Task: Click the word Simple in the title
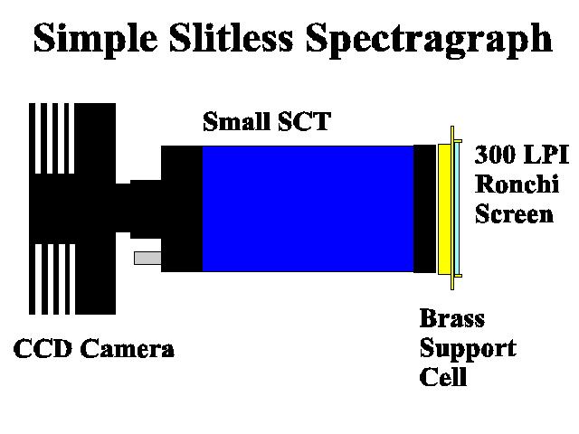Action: [x=96, y=38]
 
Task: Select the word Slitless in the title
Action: [x=232, y=37]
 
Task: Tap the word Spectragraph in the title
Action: [x=429, y=40]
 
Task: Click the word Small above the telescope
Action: [x=236, y=121]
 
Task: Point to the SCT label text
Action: [x=304, y=121]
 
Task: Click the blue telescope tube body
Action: [x=308, y=209]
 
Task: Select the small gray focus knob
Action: [x=147, y=258]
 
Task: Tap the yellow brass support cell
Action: [x=445, y=209]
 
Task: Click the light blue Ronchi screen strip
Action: [x=457, y=209]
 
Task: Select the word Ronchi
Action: [x=517, y=184]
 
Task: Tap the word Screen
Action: [x=514, y=213]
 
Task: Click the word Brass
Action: [x=452, y=318]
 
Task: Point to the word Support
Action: [x=468, y=349]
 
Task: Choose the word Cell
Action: [x=443, y=376]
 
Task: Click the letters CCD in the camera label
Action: [x=43, y=348]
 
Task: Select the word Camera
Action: [x=127, y=348]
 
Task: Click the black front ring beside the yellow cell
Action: [x=424, y=209]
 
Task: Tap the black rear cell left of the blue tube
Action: [x=182, y=209]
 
